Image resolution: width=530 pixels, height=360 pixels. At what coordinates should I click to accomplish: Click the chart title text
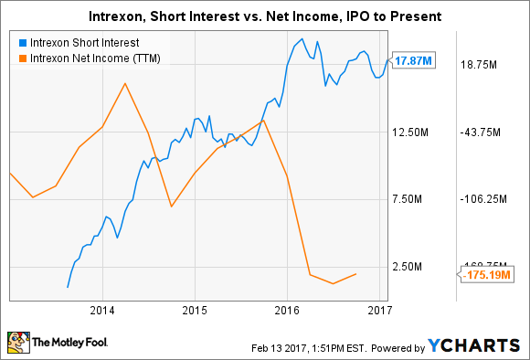[264, 16]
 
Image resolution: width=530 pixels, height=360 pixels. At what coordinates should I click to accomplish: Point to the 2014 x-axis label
[102, 310]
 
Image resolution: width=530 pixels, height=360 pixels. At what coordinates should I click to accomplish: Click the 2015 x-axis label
[195, 310]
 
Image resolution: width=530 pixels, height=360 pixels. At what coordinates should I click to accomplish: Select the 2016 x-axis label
[287, 310]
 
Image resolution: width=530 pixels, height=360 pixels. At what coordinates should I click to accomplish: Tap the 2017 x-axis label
[379, 310]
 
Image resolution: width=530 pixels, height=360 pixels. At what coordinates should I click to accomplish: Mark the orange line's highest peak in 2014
[125, 84]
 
